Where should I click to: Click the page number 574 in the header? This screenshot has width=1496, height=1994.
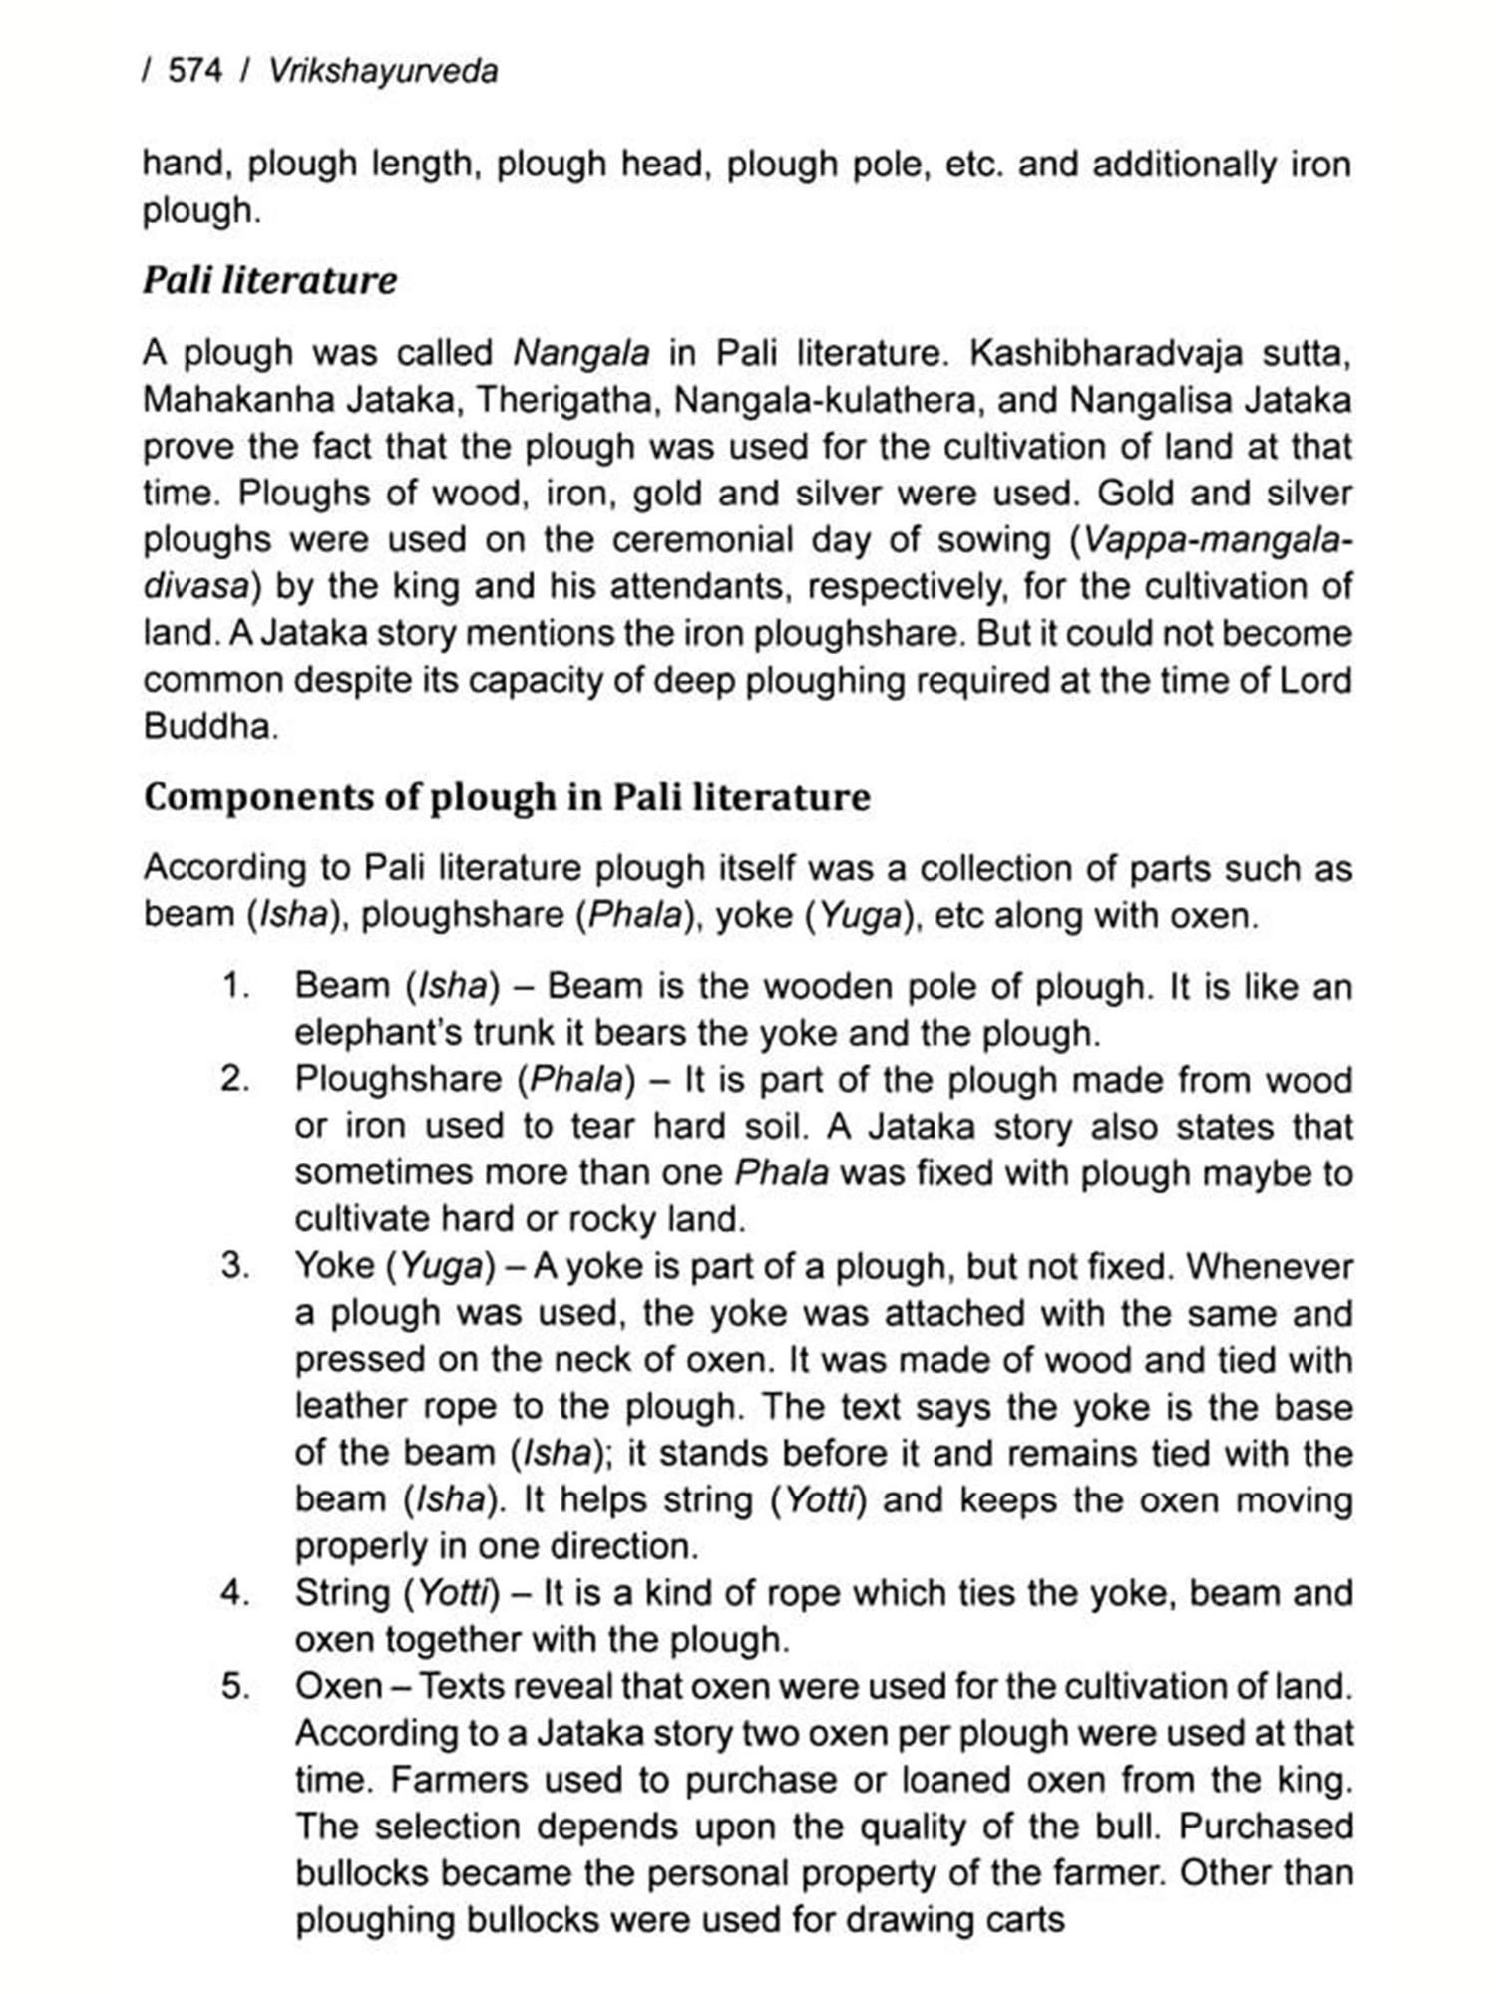point(195,72)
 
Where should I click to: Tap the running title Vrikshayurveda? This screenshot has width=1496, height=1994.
point(383,72)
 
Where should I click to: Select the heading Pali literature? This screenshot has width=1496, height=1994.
point(269,280)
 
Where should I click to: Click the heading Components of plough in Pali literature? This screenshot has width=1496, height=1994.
point(507,797)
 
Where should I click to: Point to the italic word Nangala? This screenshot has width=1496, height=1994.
point(580,353)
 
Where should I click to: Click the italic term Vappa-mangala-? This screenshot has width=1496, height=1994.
point(1218,540)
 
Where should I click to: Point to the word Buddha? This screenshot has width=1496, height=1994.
point(207,726)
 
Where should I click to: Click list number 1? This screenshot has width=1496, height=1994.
point(235,986)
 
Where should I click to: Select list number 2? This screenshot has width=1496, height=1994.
point(235,1079)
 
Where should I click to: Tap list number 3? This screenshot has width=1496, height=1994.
point(235,1266)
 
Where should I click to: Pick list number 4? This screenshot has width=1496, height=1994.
point(235,1593)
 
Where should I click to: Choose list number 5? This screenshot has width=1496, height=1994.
point(235,1687)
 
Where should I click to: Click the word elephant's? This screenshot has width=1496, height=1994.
point(378,1033)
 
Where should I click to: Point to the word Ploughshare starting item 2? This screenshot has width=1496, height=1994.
point(398,1079)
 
